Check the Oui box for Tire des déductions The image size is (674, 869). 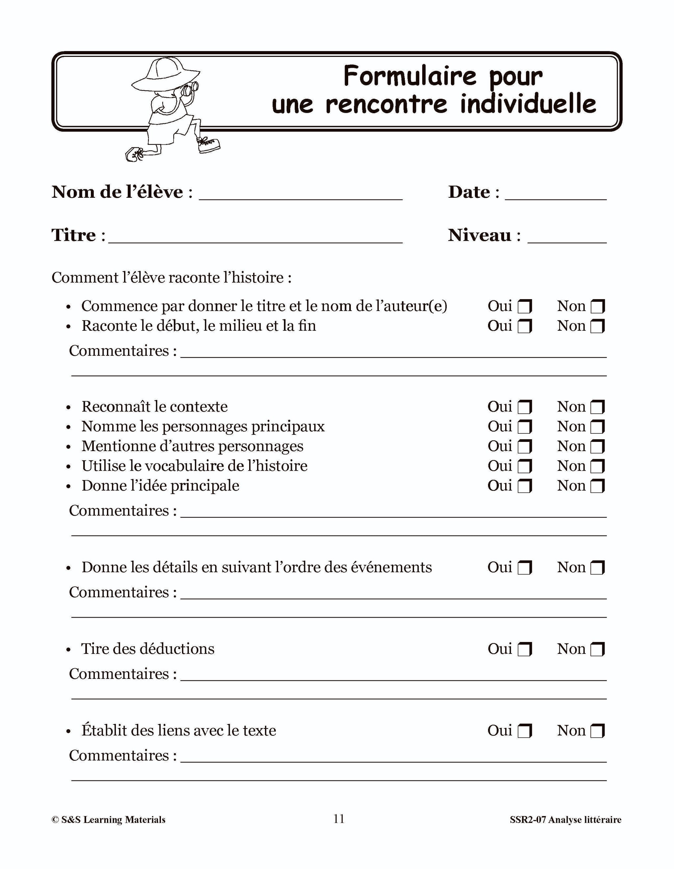[x=524, y=649]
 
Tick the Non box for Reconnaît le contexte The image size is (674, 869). [x=598, y=407]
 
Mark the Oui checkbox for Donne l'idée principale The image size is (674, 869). [x=524, y=486]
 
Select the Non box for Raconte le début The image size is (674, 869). [x=598, y=326]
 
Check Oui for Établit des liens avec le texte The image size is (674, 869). [x=524, y=731]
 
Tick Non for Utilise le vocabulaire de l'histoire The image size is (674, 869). [x=598, y=466]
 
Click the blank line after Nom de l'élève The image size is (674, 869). [x=300, y=195]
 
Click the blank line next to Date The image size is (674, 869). [x=556, y=195]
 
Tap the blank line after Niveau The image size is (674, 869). [x=567, y=238]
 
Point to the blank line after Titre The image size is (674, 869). [x=255, y=238]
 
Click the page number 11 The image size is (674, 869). [x=339, y=818]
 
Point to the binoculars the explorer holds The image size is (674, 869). [x=191, y=88]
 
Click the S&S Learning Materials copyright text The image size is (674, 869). [x=108, y=820]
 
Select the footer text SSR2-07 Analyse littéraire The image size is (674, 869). [x=565, y=820]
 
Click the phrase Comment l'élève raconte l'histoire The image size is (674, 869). [x=171, y=278]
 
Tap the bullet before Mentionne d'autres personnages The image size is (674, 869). [x=68, y=447]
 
